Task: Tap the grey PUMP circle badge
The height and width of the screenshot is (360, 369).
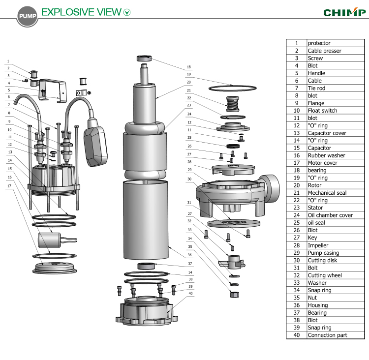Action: tap(26, 16)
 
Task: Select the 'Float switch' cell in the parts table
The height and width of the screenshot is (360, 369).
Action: tap(322, 111)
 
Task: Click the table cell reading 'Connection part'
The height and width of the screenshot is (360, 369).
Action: tap(327, 335)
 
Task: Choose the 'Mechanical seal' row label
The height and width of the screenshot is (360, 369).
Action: tap(327, 193)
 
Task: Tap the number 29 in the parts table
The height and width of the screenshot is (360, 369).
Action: tap(296, 253)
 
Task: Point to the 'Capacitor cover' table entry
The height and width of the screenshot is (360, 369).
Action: tap(327, 133)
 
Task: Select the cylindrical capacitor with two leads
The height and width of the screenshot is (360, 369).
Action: tap(52, 240)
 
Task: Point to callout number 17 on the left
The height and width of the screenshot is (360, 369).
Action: tap(8, 185)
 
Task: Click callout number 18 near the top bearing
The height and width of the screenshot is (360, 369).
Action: tap(188, 67)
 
